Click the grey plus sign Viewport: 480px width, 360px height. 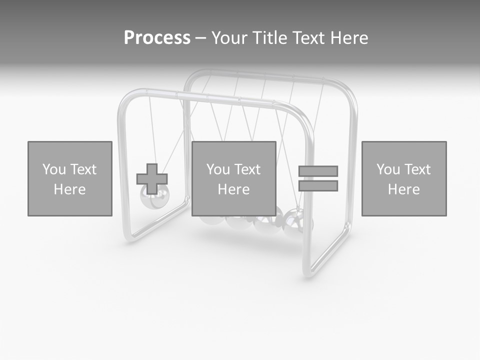[152, 179]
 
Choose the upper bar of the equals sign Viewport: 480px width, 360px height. [318, 171]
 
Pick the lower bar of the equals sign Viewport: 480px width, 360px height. [318, 186]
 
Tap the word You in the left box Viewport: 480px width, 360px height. [54, 169]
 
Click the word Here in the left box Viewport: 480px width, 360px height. [69, 189]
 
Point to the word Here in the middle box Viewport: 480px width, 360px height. [233, 189]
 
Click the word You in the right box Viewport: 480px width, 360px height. [388, 169]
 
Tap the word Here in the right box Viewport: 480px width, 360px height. [403, 189]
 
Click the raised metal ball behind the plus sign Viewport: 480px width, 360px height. [155, 199]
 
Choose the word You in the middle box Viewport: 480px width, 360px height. [218, 169]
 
